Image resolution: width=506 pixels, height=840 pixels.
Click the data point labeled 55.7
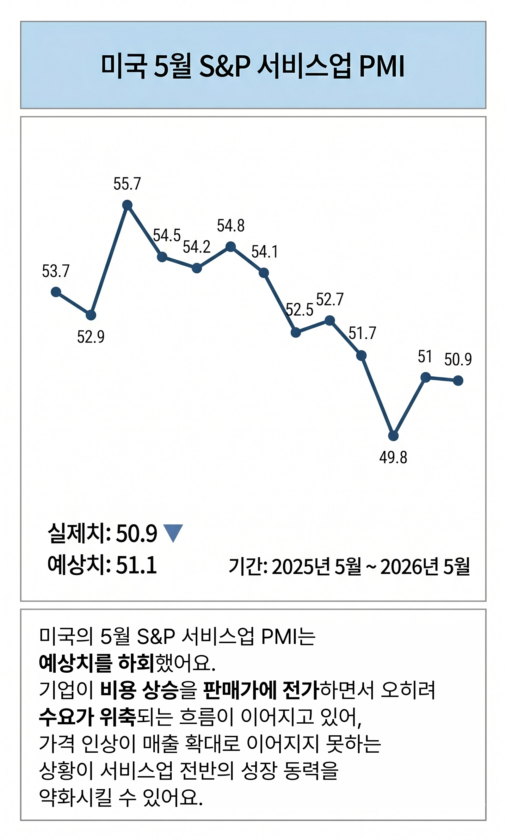point(127,205)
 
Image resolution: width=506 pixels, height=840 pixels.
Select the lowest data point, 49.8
point(393,436)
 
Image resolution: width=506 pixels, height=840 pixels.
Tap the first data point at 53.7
point(56,292)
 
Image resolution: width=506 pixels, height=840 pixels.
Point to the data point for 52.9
point(91,315)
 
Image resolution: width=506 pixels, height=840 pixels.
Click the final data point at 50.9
point(458,380)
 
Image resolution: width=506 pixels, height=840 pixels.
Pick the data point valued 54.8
point(231,246)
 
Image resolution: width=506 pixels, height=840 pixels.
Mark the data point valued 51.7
point(361,355)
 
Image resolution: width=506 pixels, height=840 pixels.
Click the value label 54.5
point(166,235)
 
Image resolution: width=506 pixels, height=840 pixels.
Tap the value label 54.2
point(196,247)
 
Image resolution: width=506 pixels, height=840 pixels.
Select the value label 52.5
point(299,310)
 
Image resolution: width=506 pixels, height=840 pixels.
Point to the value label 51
point(425,357)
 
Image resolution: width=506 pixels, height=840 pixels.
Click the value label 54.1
point(265,252)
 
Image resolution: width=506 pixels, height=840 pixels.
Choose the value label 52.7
point(330,299)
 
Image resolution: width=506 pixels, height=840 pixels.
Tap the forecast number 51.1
point(136,565)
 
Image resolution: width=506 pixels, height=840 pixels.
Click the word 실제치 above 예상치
point(77,533)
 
